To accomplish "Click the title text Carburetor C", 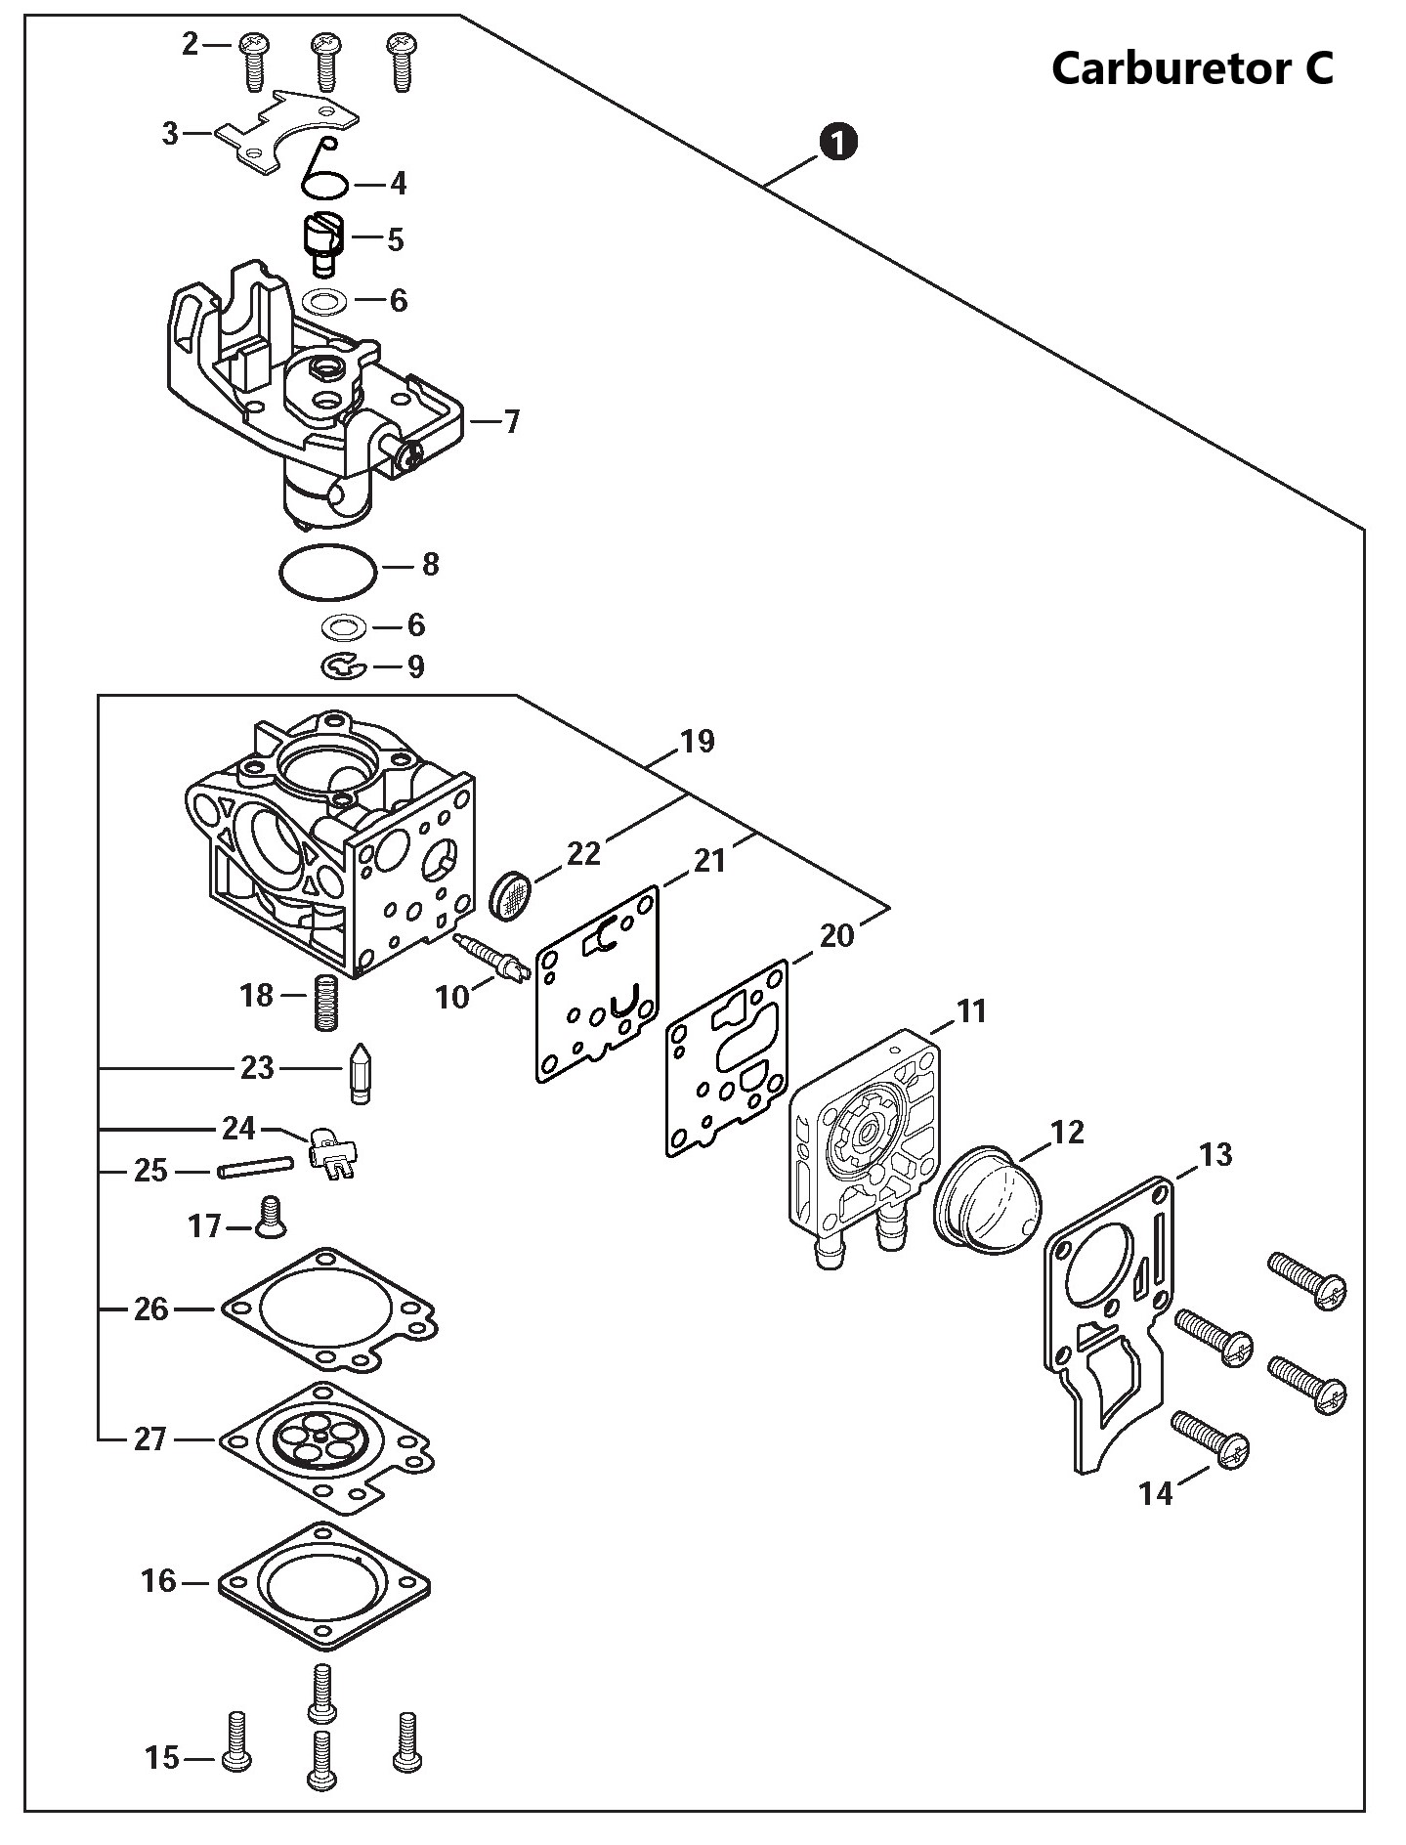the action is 1192,68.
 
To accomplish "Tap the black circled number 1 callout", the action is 838,143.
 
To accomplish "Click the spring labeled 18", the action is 325,1001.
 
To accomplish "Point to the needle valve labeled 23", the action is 360,1072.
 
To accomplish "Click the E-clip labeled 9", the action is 343,667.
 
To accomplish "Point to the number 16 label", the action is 158,1580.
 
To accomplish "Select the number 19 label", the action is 698,741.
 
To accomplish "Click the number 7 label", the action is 512,422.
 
